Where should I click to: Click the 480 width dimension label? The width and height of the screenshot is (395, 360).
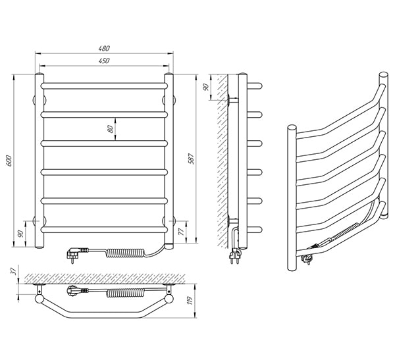coord(104,48)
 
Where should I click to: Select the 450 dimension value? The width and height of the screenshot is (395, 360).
coord(104,61)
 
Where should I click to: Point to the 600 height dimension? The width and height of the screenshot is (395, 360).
coord(9,161)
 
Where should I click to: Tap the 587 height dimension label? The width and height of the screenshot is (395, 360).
coord(192,159)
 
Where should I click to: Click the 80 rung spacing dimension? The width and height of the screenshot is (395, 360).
coord(110,129)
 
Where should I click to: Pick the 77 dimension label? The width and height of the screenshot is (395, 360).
coord(181,232)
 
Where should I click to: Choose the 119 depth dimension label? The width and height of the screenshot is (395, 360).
coord(190,301)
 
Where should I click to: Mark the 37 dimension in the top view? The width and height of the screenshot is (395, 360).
coord(14,270)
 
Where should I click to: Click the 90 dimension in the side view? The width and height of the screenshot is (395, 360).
coord(206,87)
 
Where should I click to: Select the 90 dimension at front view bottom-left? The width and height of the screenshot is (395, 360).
coord(20,234)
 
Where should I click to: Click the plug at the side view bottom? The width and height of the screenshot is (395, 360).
coord(234,256)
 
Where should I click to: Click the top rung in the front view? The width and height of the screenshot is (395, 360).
coord(104,86)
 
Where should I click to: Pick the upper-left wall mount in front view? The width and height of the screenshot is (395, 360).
coord(39,100)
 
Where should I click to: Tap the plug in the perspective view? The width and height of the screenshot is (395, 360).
coord(307,259)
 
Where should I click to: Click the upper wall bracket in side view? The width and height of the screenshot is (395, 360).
coord(233,100)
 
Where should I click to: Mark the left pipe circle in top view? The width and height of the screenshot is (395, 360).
coord(39,299)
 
